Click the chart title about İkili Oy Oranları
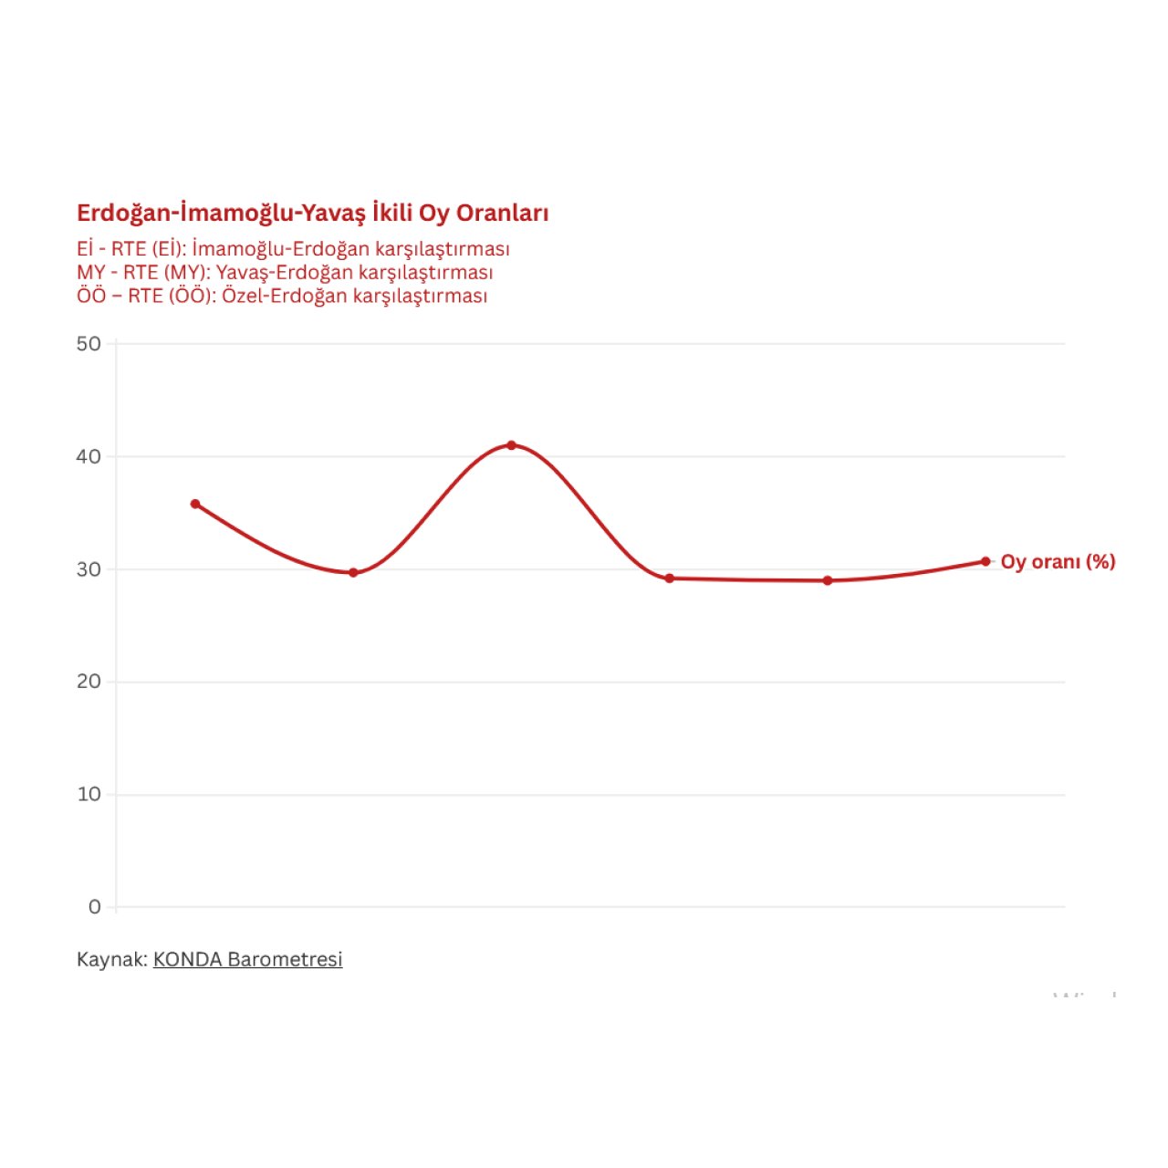click(312, 214)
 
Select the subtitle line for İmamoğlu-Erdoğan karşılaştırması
click(293, 249)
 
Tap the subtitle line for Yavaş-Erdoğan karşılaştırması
click(285, 273)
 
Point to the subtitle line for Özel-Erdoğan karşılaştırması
click(282, 297)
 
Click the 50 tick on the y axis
click(89, 344)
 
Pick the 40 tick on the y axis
click(89, 456)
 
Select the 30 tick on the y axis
click(89, 569)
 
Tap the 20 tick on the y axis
click(89, 682)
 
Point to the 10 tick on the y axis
click(89, 795)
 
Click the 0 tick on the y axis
click(95, 907)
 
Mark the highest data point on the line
click(511, 445)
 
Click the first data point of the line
click(195, 504)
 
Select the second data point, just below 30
click(353, 572)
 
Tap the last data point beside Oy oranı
click(985, 561)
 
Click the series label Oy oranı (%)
click(1058, 562)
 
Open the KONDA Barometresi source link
click(247, 960)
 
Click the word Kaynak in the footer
click(110, 960)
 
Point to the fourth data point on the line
click(669, 578)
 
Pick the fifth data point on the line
click(828, 580)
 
